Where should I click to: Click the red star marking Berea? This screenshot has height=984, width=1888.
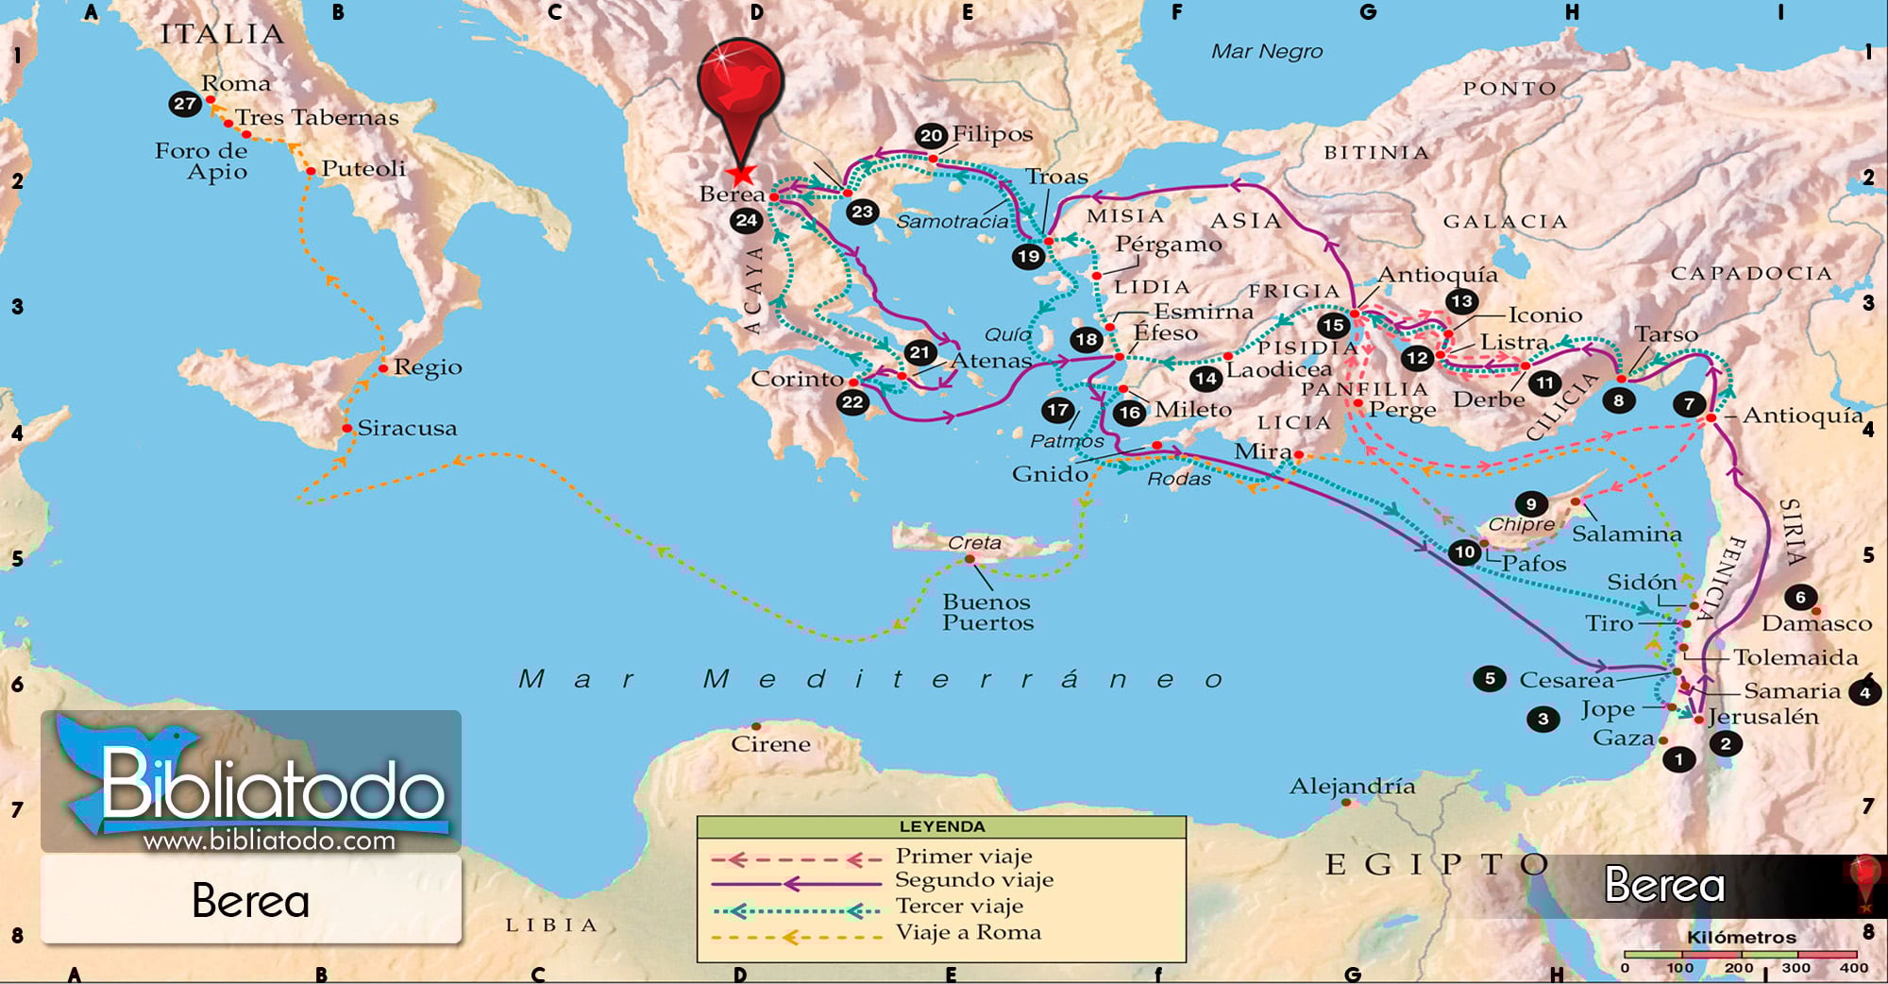[x=742, y=175]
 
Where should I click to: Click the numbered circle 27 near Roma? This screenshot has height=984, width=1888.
[x=185, y=104]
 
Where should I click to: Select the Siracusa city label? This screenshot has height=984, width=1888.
[x=407, y=429]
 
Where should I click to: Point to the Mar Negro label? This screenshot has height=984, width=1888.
[x=1267, y=52]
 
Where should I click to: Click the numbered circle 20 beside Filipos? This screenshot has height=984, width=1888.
[x=931, y=135]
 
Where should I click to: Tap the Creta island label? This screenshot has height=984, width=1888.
[x=974, y=543]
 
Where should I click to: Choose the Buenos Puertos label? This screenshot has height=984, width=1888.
[x=987, y=612]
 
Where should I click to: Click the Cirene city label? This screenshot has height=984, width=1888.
[x=770, y=744]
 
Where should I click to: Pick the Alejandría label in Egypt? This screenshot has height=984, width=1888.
[x=1352, y=786]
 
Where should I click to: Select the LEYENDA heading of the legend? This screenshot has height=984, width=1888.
[x=941, y=827]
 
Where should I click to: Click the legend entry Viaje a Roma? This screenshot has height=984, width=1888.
[x=968, y=933]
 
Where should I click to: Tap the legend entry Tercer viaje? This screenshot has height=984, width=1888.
[x=959, y=907]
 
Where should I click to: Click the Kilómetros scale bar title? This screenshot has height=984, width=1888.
[x=1741, y=938]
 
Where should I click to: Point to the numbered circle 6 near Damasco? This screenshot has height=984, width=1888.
[x=1800, y=597]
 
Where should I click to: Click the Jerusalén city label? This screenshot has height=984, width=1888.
[x=1762, y=717]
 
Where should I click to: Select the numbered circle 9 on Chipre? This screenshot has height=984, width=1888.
[x=1530, y=504]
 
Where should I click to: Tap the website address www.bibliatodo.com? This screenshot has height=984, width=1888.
[x=269, y=840]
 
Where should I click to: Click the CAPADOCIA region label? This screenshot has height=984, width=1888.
[x=1751, y=274]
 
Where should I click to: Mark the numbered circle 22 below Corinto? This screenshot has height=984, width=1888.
[x=852, y=402]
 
